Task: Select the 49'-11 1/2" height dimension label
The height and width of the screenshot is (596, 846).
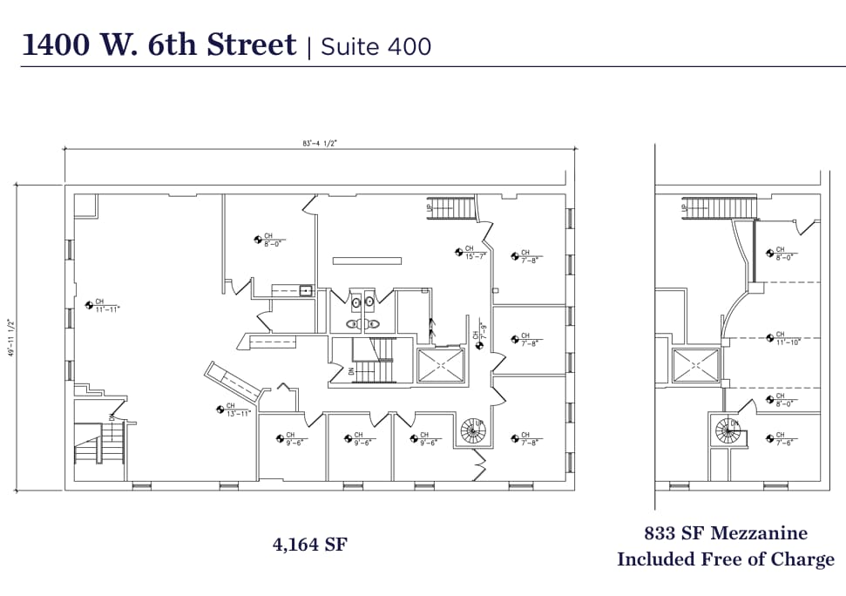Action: tap(11, 338)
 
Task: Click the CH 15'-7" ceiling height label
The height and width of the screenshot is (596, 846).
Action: tap(470, 252)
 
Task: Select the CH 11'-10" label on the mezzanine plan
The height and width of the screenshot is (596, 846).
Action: tap(782, 338)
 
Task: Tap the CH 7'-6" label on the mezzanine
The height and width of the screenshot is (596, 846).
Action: tap(782, 439)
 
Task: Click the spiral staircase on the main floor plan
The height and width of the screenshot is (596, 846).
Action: tap(472, 430)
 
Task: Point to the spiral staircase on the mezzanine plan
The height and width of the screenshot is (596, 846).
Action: tap(728, 429)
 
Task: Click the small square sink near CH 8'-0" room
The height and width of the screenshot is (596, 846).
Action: tap(306, 291)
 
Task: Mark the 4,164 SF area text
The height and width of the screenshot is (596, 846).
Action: tap(310, 545)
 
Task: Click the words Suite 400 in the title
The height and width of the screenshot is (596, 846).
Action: tap(376, 46)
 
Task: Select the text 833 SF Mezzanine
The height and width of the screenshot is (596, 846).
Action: tap(725, 533)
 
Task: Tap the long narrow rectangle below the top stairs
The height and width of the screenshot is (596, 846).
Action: tap(367, 260)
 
